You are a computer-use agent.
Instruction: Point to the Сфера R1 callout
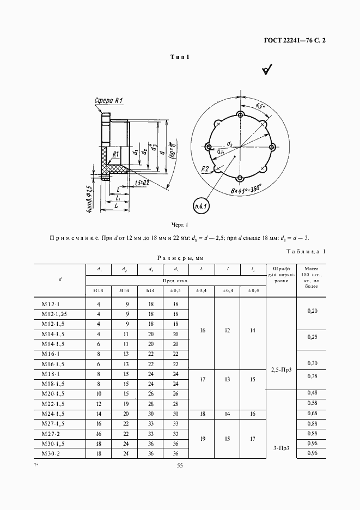[x=108, y=101]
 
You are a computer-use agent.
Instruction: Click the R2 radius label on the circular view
[x=205, y=169]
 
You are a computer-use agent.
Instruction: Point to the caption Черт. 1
[x=179, y=224]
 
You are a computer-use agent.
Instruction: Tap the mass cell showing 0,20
[x=312, y=309]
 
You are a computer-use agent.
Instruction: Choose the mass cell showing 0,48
[x=312, y=393]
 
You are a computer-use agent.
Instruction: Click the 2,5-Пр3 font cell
[x=281, y=369]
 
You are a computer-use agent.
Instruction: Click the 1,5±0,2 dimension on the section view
[x=143, y=184]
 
